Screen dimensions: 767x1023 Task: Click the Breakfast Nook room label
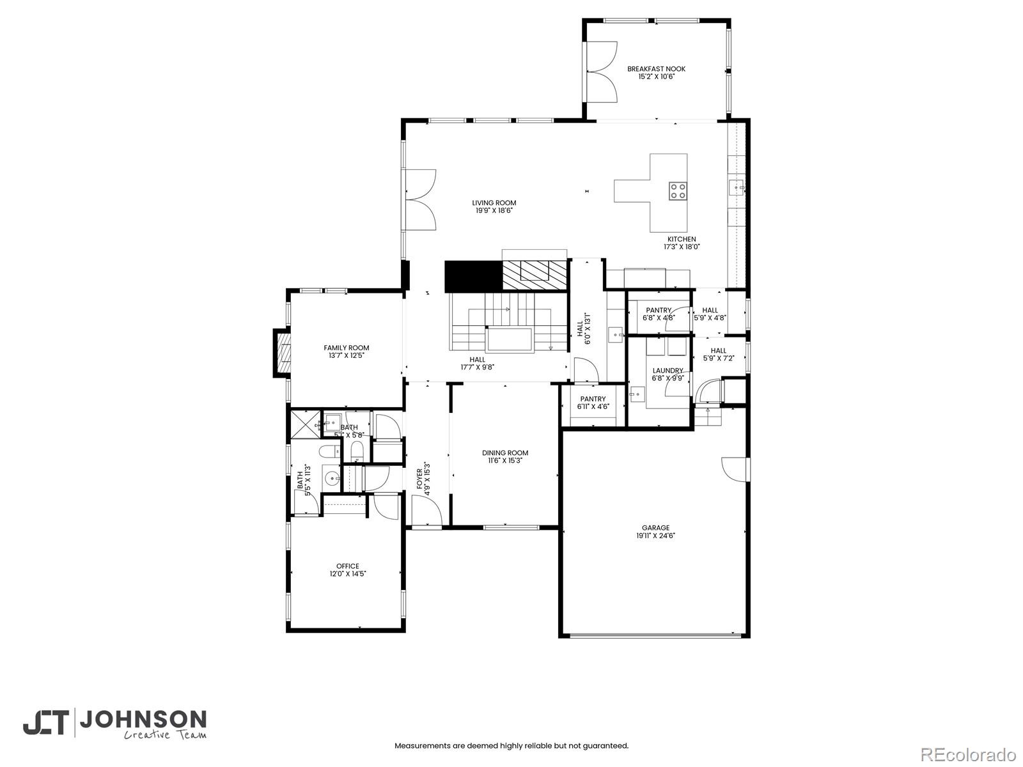(656, 69)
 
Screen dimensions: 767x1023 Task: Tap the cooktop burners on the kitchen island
(678, 190)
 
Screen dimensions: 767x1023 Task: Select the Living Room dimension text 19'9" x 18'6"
(494, 210)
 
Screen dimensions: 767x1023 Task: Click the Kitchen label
(682, 239)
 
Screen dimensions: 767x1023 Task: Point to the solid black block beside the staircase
(473, 276)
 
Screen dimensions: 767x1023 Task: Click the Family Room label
(346, 348)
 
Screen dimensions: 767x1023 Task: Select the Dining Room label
(505, 453)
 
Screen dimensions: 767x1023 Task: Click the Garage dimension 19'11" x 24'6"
(656, 536)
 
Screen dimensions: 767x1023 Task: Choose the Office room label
(348, 566)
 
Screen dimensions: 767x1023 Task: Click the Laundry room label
(668, 371)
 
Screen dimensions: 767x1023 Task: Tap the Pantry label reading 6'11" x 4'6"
(593, 406)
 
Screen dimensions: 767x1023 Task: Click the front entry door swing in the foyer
(426, 511)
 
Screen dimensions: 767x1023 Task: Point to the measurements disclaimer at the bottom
(511, 745)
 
